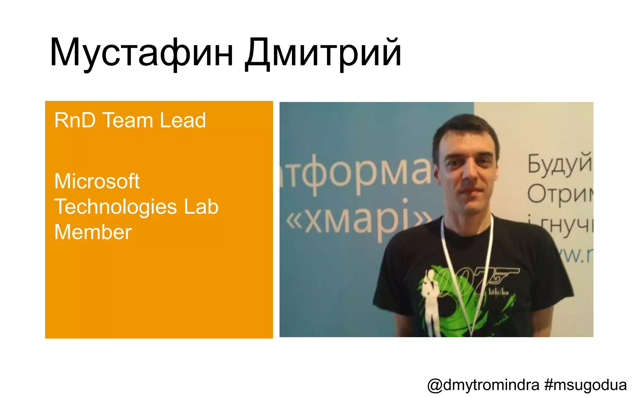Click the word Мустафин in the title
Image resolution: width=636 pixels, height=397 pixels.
point(141,53)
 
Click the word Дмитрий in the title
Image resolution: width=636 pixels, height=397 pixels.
point(323,53)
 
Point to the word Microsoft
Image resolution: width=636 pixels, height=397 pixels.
point(97,181)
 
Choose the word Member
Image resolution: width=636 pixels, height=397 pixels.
point(93,232)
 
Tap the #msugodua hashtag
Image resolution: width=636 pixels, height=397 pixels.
point(585,385)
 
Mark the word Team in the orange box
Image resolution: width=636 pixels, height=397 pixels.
point(128,120)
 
